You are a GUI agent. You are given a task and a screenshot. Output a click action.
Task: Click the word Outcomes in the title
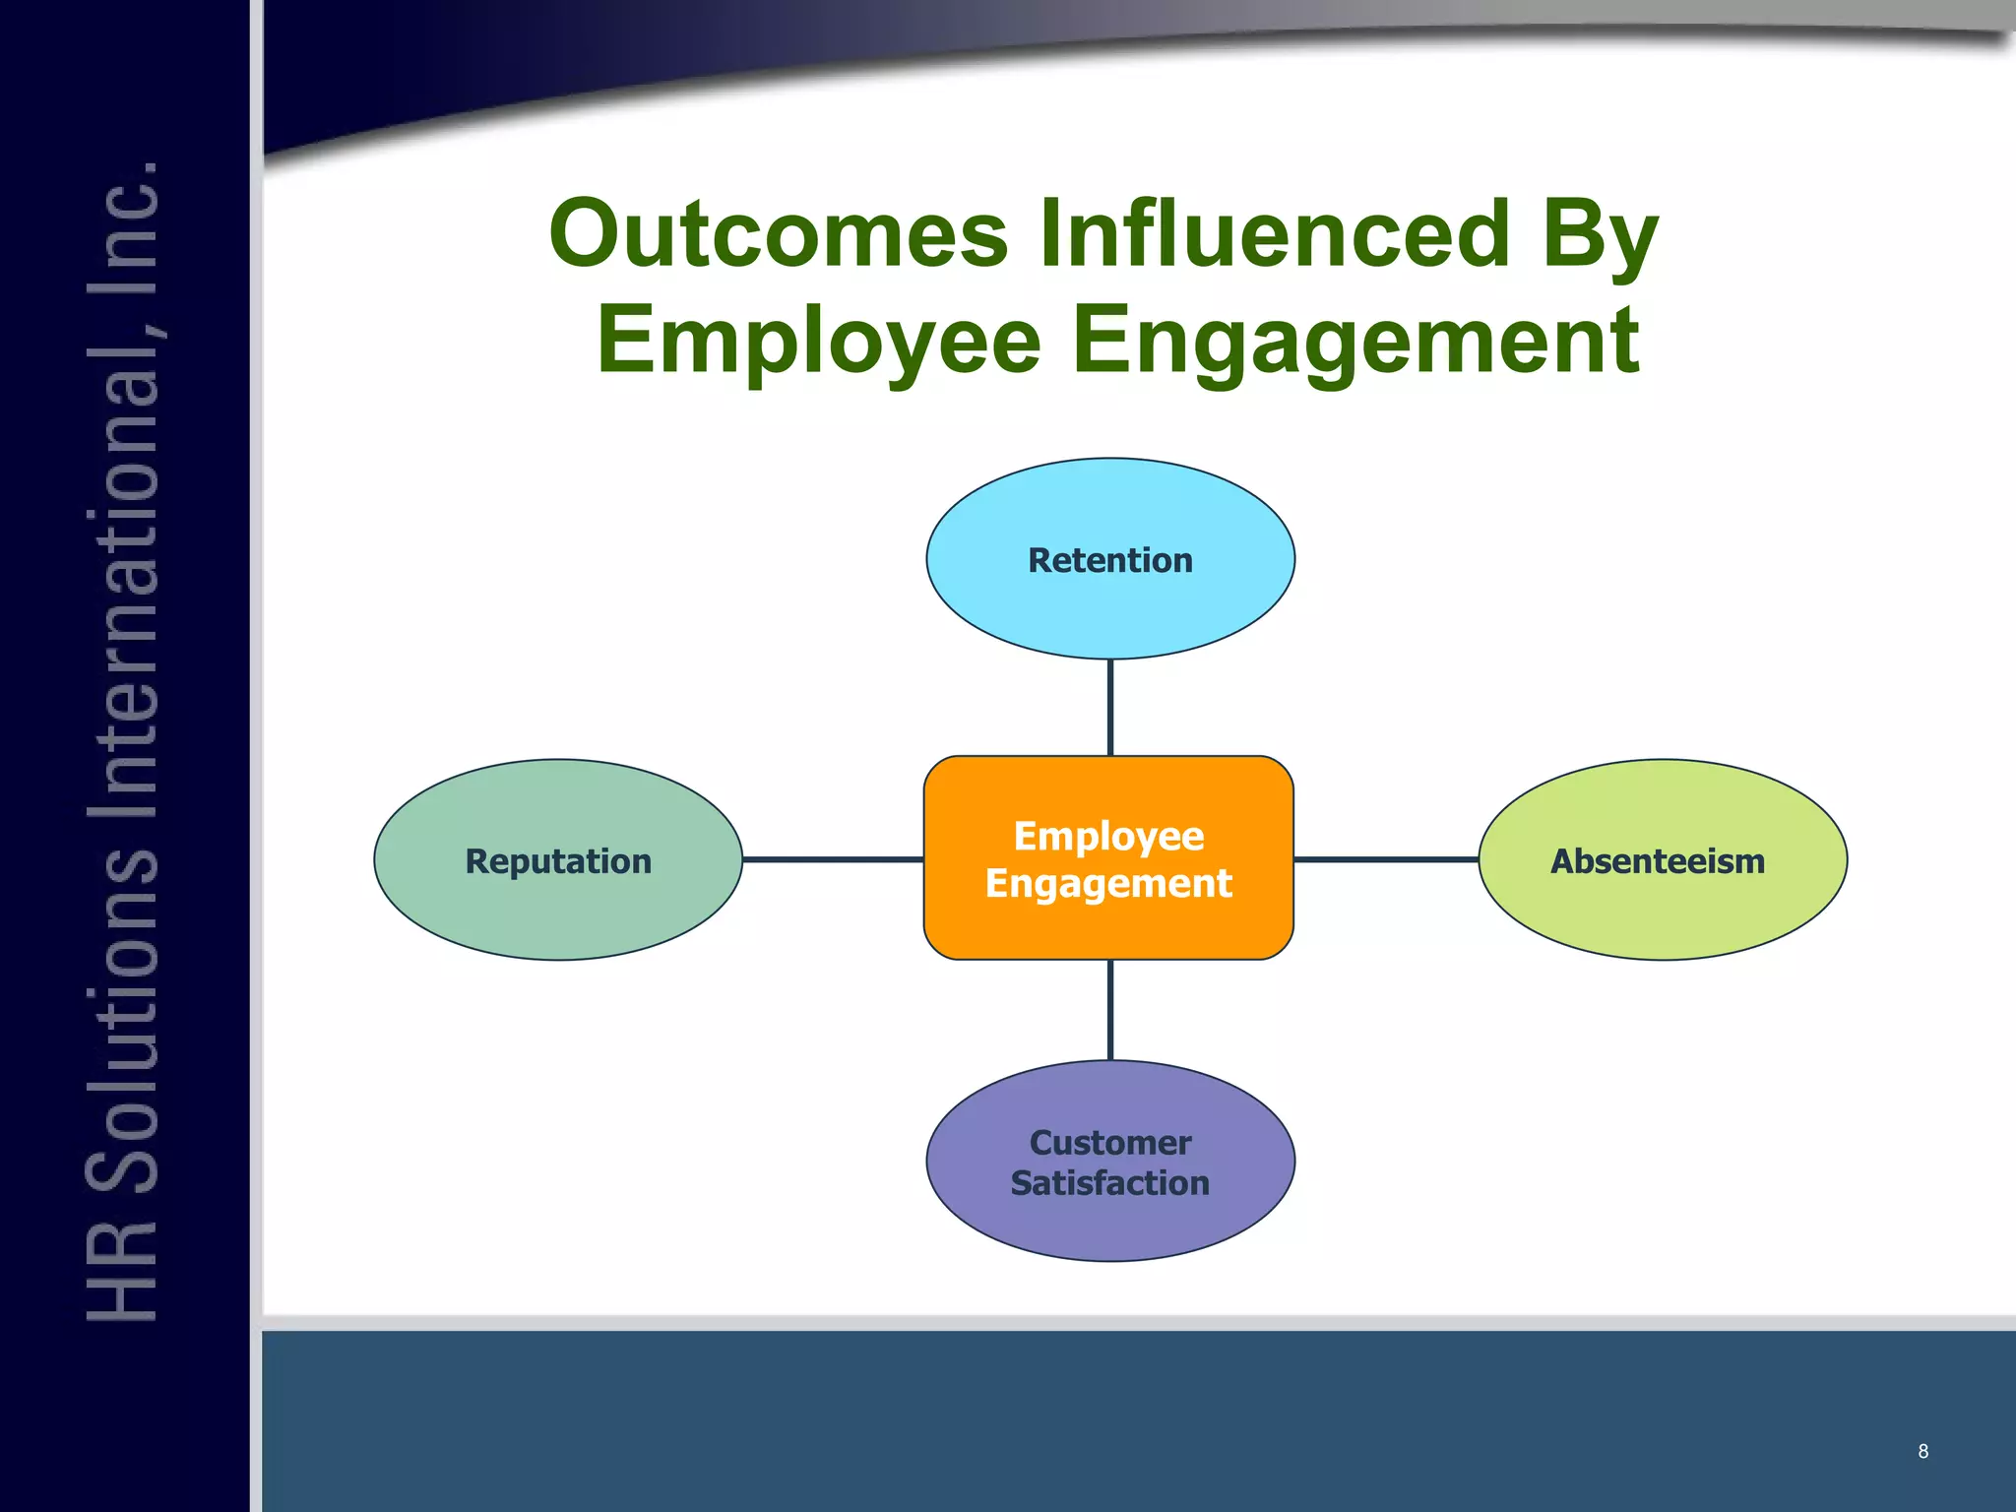(779, 234)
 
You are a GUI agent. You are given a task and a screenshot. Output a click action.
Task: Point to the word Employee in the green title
(818, 341)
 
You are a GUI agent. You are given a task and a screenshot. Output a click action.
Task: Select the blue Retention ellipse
(1110, 600)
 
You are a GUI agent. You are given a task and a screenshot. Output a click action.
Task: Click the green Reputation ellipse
(558, 906)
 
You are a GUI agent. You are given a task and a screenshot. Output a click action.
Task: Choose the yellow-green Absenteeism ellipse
(1662, 906)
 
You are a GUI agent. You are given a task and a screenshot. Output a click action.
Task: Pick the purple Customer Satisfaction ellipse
(1110, 1221)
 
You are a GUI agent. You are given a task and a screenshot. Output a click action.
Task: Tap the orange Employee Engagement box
(1108, 925)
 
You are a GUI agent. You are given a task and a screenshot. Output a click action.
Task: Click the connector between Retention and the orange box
(1110, 707)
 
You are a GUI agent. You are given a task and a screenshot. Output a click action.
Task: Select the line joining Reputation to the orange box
(833, 859)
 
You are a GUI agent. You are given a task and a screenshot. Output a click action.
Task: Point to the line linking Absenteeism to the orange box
(1386, 859)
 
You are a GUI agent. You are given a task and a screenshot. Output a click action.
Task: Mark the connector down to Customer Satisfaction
(1110, 1010)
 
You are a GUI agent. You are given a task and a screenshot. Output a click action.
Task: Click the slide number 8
(1922, 1451)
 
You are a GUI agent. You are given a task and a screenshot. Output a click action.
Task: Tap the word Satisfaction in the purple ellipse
(1109, 1183)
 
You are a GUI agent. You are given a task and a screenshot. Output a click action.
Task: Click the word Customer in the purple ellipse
(1109, 1143)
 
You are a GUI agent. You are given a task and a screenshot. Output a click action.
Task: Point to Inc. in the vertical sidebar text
(125, 216)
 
